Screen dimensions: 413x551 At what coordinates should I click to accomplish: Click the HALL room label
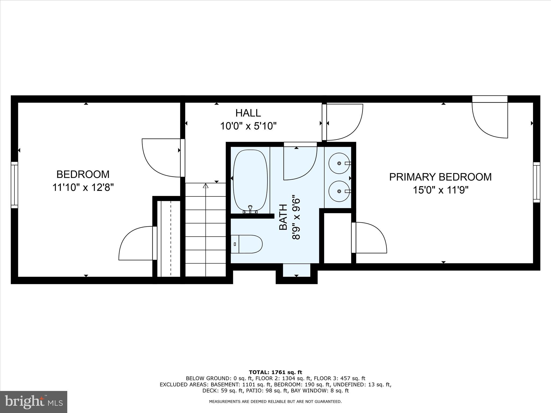[248, 113]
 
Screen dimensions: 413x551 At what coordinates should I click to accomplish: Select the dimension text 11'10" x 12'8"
[83, 187]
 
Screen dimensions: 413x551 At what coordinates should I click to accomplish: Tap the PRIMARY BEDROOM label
[440, 177]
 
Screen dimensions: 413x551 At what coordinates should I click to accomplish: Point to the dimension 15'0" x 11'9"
[440, 190]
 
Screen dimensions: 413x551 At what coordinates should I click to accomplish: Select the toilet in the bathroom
[246, 244]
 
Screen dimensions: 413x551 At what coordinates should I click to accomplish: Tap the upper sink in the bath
[339, 163]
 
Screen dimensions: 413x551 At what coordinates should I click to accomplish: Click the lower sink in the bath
[339, 191]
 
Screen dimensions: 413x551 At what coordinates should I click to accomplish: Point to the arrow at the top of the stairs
[206, 186]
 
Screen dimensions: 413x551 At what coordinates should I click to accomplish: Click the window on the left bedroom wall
[14, 185]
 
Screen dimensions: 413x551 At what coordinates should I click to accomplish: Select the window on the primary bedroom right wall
[536, 182]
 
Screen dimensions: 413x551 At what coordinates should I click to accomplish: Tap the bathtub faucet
[250, 209]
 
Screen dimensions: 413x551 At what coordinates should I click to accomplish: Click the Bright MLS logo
[34, 402]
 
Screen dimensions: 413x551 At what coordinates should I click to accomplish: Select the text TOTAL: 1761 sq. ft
[275, 372]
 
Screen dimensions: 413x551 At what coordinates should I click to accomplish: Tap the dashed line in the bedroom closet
[171, 238]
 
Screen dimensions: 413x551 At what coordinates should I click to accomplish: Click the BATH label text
[283, 217]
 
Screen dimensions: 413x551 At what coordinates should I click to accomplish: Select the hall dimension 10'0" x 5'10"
[248, 126]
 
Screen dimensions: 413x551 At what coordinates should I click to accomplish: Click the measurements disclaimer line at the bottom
[275, 401]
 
